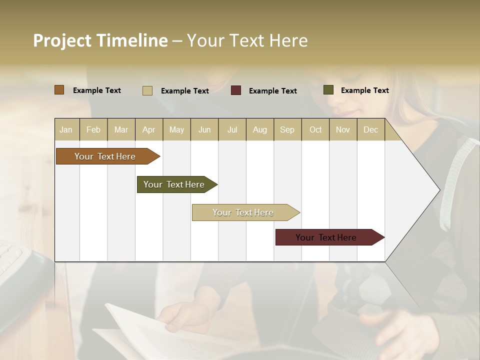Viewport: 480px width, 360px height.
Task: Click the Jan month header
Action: [66, 129]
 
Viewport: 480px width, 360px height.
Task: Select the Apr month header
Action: [148, 129]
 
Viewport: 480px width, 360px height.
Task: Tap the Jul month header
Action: [232, 129]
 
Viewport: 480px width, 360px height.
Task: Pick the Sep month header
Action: [287, 129]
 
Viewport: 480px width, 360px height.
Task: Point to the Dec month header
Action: [370, 129]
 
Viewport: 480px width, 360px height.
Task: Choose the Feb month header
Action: [93, 129]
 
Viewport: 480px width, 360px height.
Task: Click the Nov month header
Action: [342, 129]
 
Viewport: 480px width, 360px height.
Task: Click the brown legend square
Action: [59, 90]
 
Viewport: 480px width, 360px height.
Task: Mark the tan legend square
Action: [147, 90]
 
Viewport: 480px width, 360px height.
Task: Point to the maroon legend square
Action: [236, 90]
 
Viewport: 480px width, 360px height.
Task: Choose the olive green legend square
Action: [328, 90]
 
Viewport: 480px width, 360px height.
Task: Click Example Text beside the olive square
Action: [364, 90]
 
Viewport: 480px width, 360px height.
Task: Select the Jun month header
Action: [204, 129]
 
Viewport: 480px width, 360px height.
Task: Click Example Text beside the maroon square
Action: [272, 91]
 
